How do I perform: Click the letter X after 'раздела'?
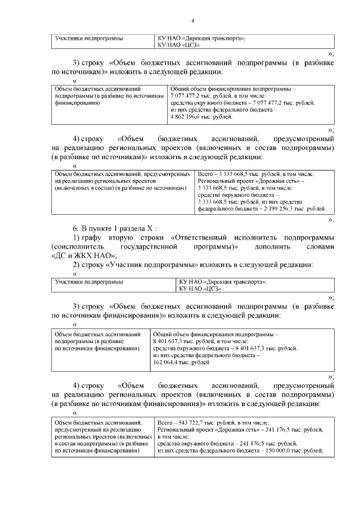[x=149, y=227]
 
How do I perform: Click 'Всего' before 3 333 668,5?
[x=207, y=174]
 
